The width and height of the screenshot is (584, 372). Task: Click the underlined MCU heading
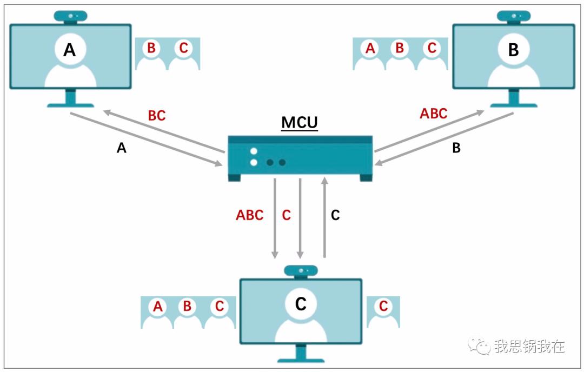click(300, 123)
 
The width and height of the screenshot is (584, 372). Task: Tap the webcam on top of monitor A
click(70, 17)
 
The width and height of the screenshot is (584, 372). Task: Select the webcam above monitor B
click(514, 17)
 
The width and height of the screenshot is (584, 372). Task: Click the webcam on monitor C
click(301, 271)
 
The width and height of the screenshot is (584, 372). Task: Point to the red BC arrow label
click(157, 115)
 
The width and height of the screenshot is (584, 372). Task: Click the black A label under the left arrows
click(122, 148)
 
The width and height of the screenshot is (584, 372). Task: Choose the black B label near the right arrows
click(456, 148)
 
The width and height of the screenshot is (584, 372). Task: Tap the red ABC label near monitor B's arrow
click(434, 114)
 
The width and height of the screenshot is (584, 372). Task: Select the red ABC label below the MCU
click(249, 215)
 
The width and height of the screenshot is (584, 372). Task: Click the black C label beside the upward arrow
click(335, 215)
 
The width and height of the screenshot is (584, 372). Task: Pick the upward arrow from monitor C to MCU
click(324, 217)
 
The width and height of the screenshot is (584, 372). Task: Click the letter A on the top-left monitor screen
click(70, 50)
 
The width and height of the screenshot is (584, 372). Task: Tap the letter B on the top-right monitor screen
click(514, 50)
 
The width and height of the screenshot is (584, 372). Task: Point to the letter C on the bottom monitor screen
click(301, 304)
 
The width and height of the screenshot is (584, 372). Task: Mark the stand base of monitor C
click(301, 360)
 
